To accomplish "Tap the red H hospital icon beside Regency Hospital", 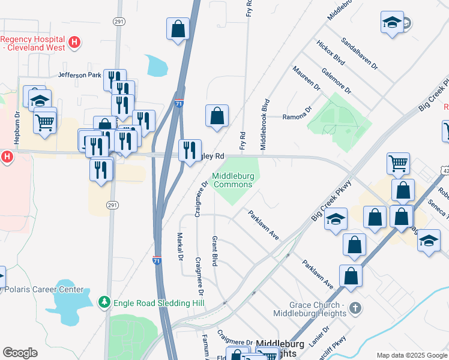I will point(74,42).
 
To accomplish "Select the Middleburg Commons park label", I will point(232,180).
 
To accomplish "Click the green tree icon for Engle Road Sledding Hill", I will point(105,301).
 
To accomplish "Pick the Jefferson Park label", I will point(80,75).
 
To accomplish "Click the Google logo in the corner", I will point(20,353).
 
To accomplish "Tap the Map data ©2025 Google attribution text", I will point(412,355).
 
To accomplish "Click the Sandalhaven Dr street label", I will point(360,53).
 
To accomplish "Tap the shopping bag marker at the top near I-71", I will point(178,29).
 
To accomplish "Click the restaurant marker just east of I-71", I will point(190,151).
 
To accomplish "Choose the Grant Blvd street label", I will point(214,251).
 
